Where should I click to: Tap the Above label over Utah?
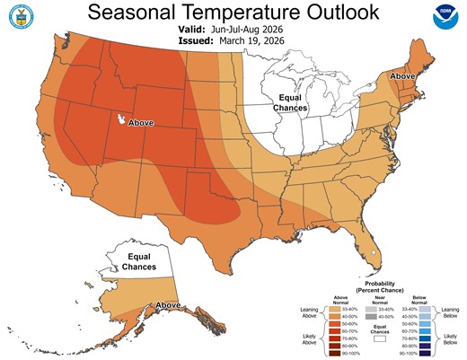141,122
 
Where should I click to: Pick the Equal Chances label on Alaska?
134,261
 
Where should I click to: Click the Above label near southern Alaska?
168,306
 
